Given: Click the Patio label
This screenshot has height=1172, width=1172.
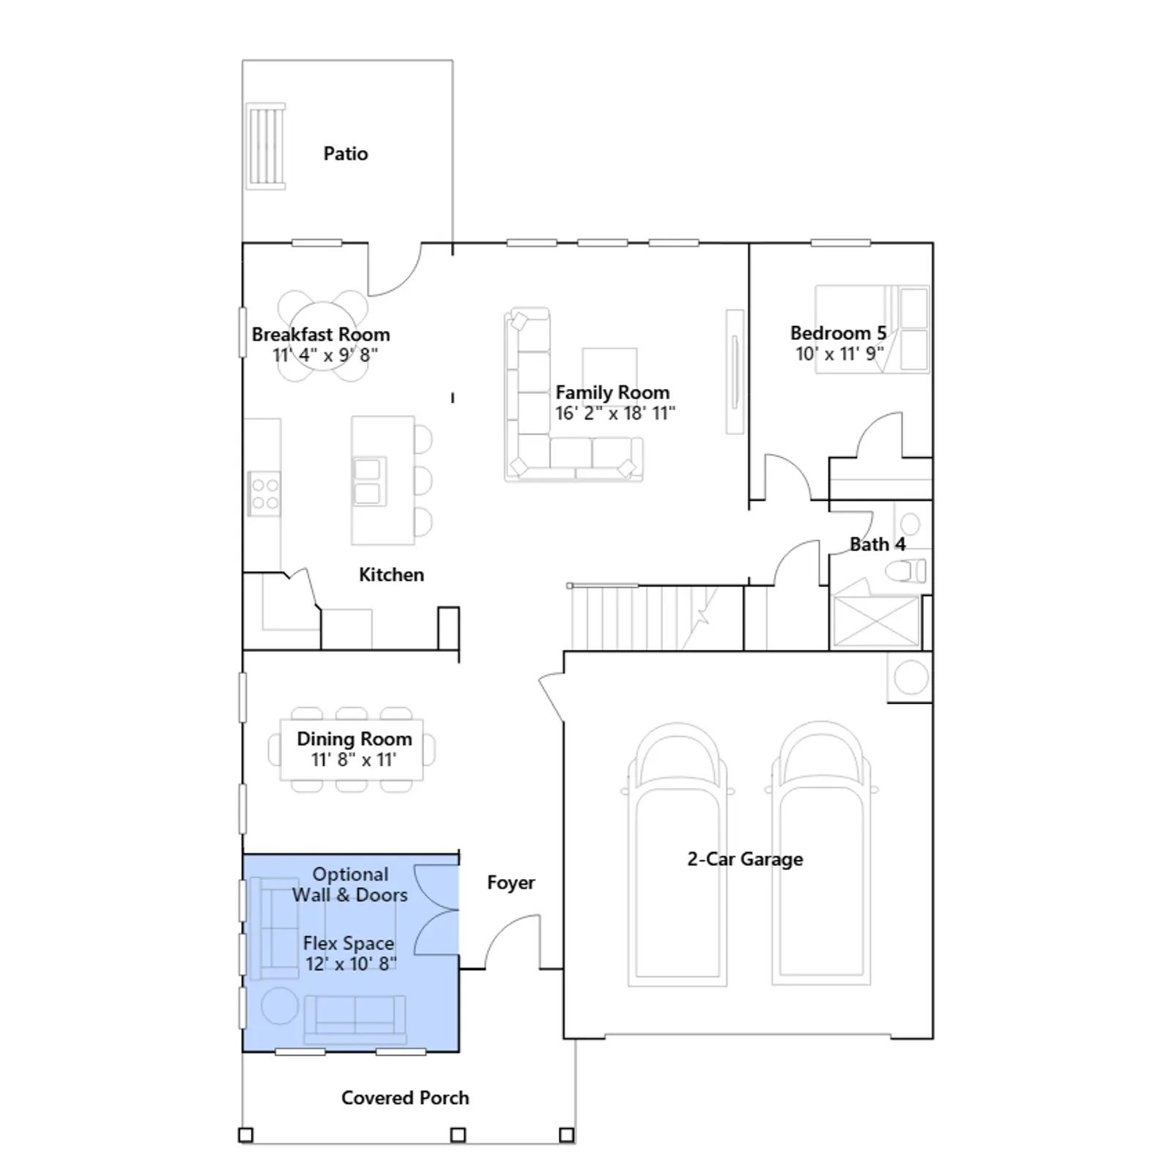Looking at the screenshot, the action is [x=346, y=154].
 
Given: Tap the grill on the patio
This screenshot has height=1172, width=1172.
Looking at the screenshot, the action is [x=266, y=146].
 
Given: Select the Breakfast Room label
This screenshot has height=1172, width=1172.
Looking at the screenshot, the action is [x=321, y=335].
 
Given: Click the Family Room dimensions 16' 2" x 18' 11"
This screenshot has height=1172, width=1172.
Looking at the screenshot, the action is [x=615, y=413].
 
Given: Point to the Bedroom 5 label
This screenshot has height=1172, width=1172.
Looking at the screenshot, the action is [x=839, y=333].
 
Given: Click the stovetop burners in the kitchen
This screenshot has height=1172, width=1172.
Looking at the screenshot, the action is [x=264, y=494].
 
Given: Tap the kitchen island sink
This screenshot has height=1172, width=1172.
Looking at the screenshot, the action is [x=368, y=481].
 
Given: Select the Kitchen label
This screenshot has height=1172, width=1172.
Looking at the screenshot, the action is [x=391, y=575].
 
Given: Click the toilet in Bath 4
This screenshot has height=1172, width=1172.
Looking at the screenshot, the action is [x=906, y=571].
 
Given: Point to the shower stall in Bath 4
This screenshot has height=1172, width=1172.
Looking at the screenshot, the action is [x=876, y=621].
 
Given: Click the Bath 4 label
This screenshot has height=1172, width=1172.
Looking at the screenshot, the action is [x=878, y=544].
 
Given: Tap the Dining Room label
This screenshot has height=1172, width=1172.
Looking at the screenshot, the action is [x=355, y=739].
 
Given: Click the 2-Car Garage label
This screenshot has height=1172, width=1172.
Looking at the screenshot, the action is [x=745, y=859].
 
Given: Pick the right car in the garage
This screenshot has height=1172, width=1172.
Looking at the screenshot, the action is [x=821, y=854].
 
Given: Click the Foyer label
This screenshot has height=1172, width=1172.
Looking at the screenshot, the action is [x=511, y=883].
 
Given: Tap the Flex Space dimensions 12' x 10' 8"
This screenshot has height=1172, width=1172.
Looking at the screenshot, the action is [x=351, y=964].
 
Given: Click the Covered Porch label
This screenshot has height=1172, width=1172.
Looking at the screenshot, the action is [x=405, y=1098].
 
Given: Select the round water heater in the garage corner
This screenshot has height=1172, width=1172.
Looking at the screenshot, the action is [x=910, y=677].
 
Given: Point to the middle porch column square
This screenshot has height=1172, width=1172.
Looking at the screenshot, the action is [x=458, y=1135].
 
